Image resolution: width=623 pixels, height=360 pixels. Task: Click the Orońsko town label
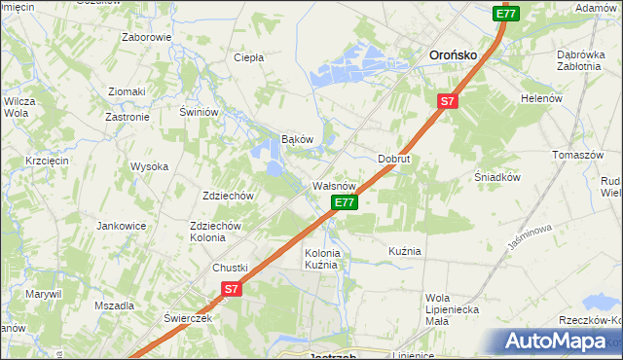coord(453,55)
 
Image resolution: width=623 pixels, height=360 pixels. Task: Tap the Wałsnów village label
coord(337,185)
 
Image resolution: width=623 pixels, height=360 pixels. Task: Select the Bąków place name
coord(297,139)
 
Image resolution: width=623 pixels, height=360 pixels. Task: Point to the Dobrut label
coord(394,158)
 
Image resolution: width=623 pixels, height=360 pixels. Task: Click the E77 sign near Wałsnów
coord(345,202)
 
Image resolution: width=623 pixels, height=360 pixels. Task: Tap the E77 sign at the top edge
coord(505,14)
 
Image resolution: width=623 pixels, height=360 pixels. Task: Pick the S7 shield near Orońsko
coord(447,100)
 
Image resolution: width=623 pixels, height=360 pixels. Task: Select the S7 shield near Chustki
coord(231,289)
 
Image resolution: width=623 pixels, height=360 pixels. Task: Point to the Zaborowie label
coord(146,38)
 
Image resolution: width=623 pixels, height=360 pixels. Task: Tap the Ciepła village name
coord(249,57)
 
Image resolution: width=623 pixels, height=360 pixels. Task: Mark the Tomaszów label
coord(578,156)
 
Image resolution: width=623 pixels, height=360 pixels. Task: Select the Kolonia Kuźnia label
coord(322,259)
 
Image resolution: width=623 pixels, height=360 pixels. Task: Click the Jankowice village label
coord(121,226)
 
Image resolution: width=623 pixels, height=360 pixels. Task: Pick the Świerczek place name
coord(188,318)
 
